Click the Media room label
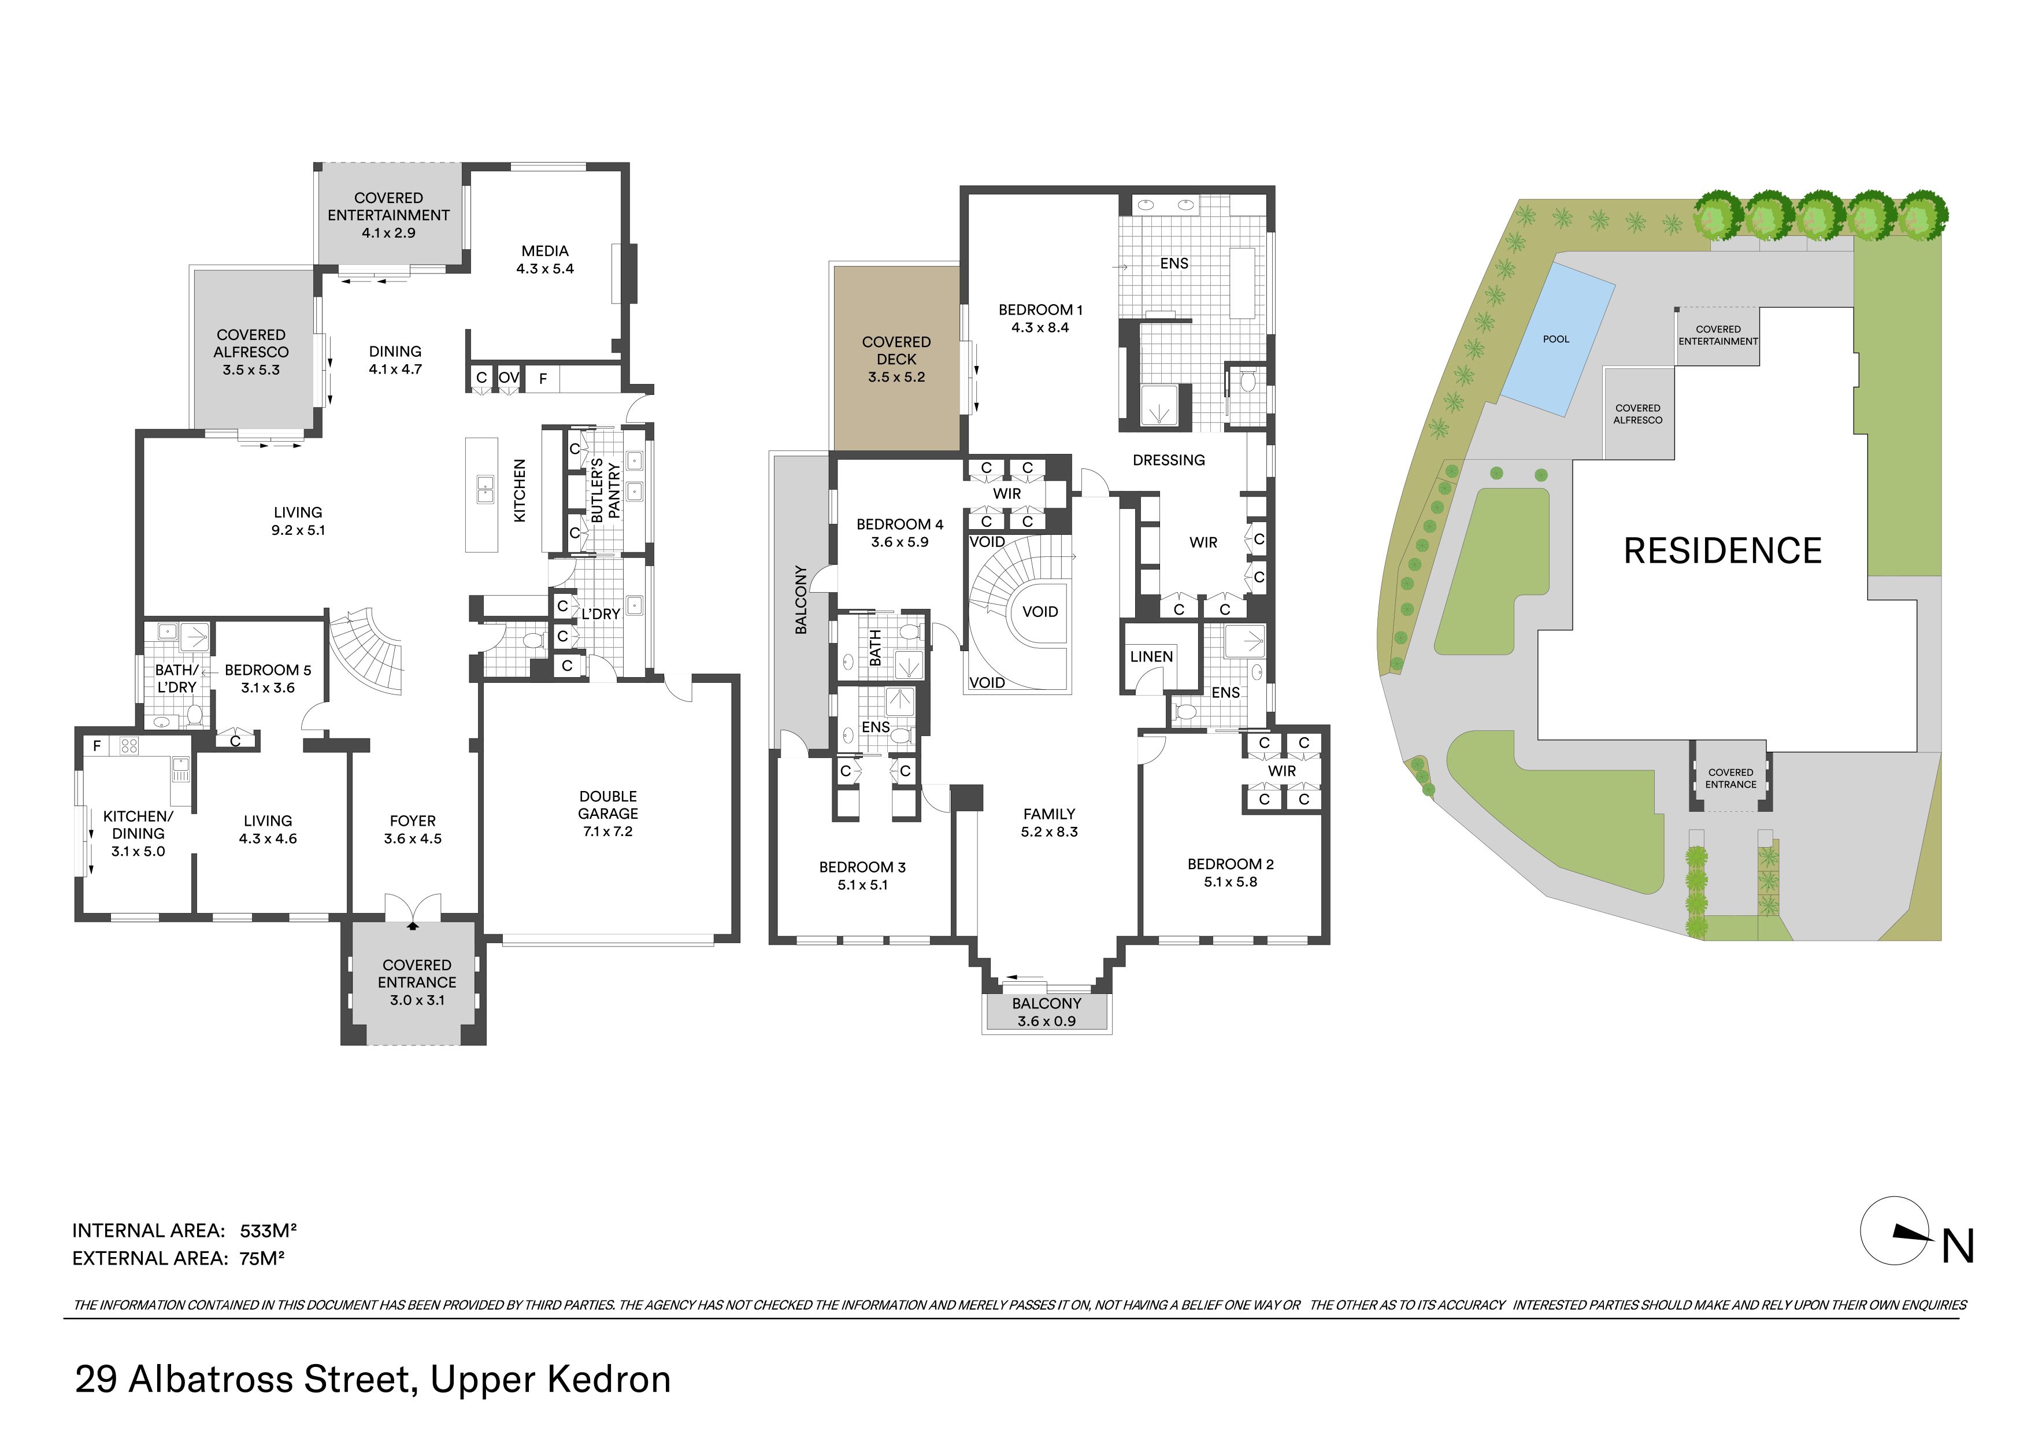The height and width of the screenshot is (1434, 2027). click(x=544, y=252)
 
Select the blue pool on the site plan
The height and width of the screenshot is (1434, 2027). click(x=1558, y=339)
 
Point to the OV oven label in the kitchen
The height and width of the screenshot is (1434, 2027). click(x=509, y=378)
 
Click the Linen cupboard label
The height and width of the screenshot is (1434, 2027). click(x=1151, y=656)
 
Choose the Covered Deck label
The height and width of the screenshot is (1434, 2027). click(x=896, y=350)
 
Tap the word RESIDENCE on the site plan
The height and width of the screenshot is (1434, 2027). click(x=1722, y=551)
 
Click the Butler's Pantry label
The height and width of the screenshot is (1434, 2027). click(x=606, y=490)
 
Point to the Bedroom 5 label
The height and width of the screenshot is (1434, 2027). click(x=268, y=670)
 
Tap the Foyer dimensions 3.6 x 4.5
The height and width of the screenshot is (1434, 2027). click(x=412, y=839)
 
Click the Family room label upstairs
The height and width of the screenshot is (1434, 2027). click(x=1049, y=814)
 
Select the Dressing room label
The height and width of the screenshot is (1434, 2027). click(x=1168, y=460)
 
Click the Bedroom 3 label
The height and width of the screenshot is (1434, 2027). click(x=862, y=867)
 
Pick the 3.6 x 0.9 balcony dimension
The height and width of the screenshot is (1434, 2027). click(x=1046, y=1022)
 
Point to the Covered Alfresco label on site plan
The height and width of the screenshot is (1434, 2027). click(x=1637, y=414)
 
